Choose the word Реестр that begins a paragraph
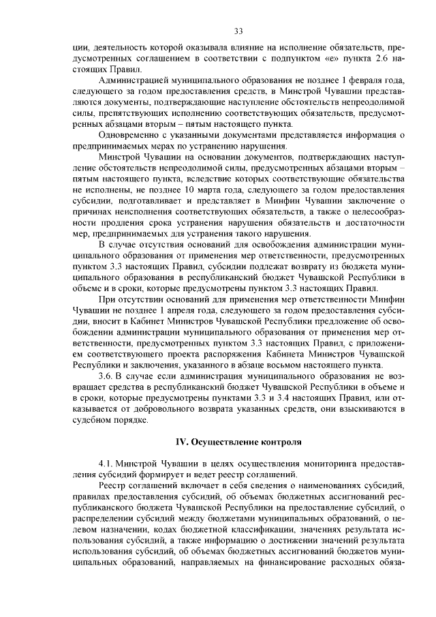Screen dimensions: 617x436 [x=113, y=485]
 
